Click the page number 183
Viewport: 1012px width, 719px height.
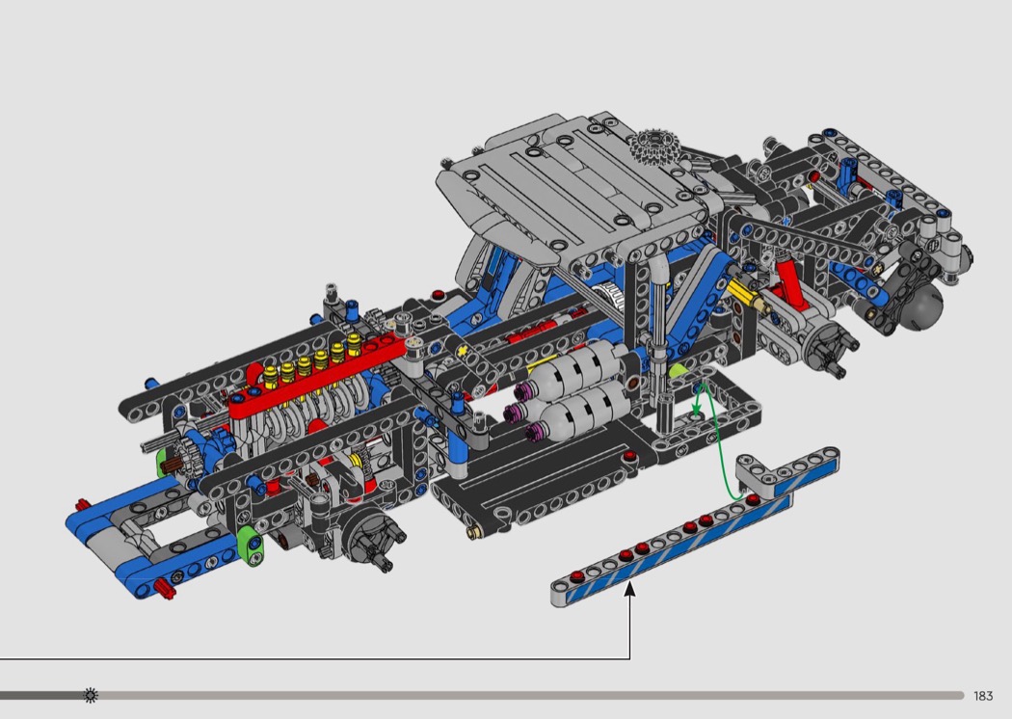coord(983,696)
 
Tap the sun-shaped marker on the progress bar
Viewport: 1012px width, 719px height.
coord(91,695)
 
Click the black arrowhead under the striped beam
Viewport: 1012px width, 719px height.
coord(630,589)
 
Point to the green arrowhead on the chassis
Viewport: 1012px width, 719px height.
coord(697,411)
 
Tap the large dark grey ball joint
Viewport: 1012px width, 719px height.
coord(921,305)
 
